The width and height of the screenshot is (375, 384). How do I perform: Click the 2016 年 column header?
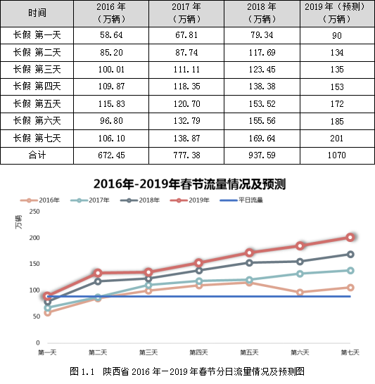point(111,13)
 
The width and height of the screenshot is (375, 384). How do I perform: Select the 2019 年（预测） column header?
point(337,13)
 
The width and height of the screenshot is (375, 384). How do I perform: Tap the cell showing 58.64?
point(111,35)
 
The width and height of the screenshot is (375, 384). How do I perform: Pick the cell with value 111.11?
point(186,70)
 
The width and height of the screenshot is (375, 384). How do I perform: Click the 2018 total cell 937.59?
point(262,155)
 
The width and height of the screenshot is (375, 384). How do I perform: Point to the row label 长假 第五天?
point(37,104)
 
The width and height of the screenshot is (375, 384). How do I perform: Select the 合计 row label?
point(37,155)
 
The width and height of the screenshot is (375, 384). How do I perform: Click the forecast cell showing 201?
point(337,139)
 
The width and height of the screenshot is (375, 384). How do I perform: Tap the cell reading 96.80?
point(111,121)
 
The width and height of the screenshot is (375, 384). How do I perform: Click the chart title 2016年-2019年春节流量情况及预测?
point(189,184)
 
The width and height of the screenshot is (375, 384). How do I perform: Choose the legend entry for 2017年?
point(90,200)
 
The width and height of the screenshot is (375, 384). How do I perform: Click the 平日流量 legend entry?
point(241,200)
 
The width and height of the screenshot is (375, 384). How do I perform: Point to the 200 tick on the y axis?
point(34,238)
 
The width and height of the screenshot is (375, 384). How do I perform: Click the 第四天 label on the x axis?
point(198,352)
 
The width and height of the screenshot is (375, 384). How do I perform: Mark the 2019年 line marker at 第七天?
point(350,237)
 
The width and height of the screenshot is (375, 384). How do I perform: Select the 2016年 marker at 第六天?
point(300,293)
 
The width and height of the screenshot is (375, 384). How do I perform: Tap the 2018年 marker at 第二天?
point(98,281)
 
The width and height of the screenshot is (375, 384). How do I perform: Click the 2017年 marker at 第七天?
point(350,271)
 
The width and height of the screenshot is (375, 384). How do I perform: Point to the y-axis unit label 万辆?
point(18,222)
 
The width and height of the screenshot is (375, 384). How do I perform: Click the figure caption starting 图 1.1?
point(187,371)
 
